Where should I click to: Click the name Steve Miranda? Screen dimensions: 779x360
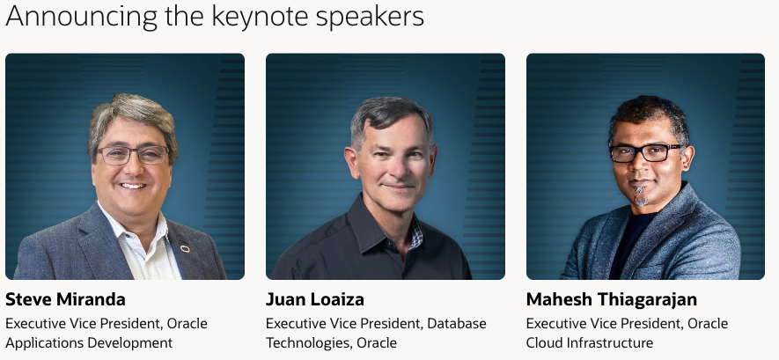point(65,299)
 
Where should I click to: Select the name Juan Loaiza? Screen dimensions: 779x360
point(315,299)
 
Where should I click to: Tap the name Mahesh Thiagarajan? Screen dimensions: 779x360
point(612,299)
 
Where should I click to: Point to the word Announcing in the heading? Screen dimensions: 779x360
point(82,18)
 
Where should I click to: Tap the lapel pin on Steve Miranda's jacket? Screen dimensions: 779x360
point(185,248)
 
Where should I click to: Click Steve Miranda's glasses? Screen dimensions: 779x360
point(132,155)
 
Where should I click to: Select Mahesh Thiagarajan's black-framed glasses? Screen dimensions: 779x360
point(645,153)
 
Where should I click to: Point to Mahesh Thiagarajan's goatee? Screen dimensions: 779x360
point(641,196)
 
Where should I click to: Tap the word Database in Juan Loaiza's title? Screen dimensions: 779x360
point(457,324)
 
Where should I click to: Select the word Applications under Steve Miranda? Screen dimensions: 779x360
point(44,343)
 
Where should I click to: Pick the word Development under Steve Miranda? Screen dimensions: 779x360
point(130,343)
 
